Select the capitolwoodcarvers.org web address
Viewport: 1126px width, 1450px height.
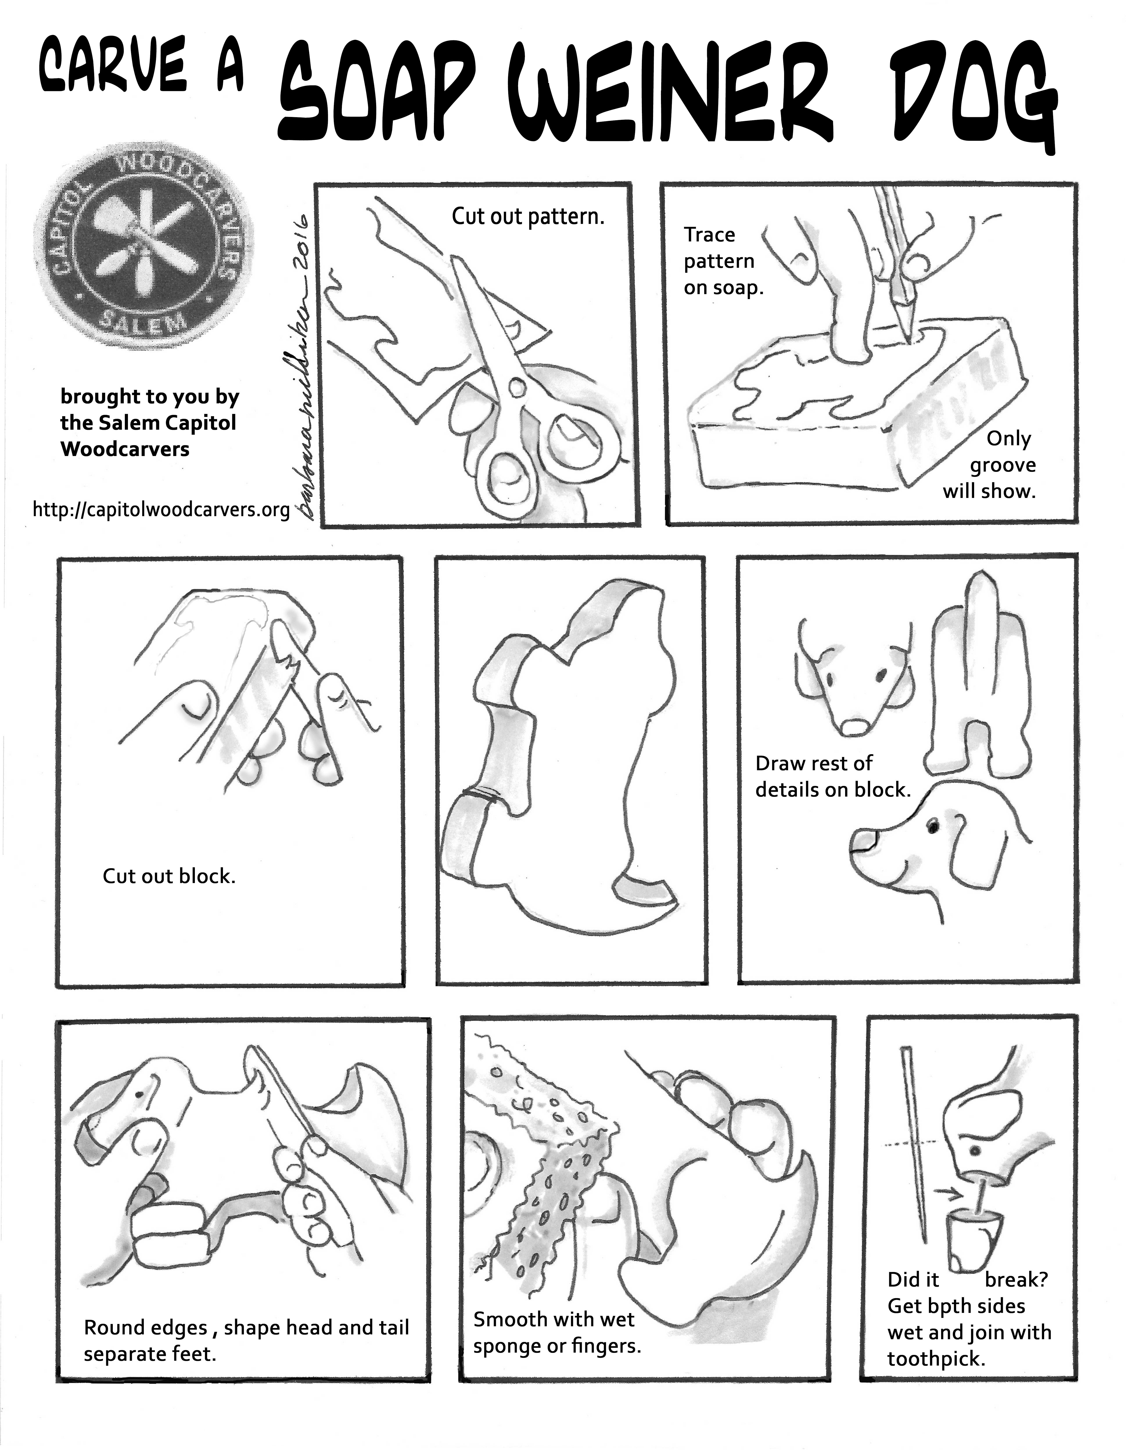point(161,509)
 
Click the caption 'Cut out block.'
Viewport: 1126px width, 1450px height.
point(169,876)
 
